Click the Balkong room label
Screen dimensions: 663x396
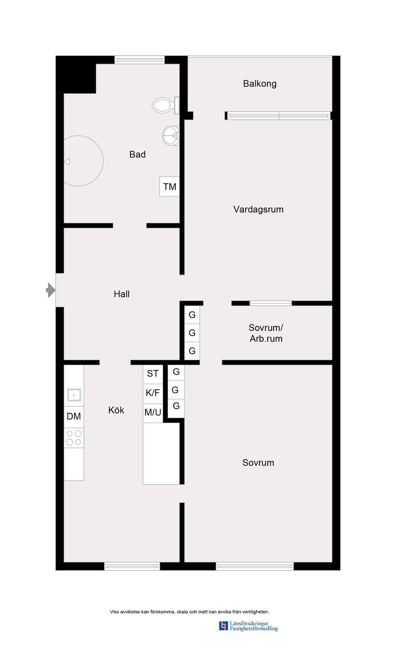[259, 84]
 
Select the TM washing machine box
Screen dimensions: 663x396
[170, 187]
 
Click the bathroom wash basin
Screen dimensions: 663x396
[171, 135]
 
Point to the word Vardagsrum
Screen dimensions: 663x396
[258, 209]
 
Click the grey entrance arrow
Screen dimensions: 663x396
[50, 290]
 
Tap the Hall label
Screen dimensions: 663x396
[122, 294]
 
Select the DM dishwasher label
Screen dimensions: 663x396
[74, 416]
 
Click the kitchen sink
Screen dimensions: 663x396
[74, 395]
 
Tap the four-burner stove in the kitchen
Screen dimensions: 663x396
[74, 438]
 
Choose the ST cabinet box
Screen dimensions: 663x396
[153, 374]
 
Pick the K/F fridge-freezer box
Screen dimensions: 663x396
[153, 393]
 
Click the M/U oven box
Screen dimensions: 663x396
[153, 412]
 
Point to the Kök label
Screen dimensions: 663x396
[116, 410]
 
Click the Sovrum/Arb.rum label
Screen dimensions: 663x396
[266, 333]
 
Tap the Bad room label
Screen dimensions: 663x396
[137, 155]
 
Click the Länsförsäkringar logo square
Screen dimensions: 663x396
[223, 626]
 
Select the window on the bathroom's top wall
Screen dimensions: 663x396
[139, 60]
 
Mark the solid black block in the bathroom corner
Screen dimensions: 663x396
[76, 78]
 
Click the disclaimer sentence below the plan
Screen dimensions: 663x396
[189, 612]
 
